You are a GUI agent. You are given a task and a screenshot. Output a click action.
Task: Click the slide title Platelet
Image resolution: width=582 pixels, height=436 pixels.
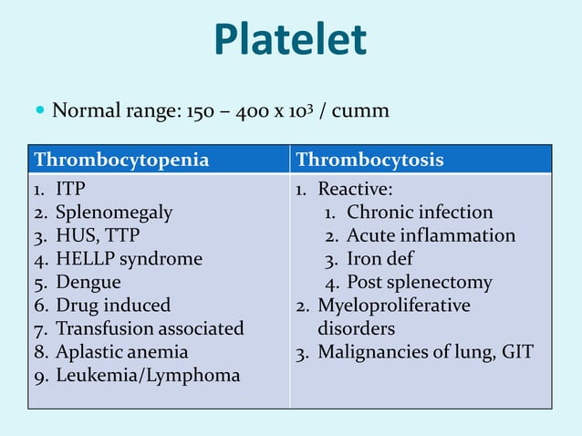[290, 40]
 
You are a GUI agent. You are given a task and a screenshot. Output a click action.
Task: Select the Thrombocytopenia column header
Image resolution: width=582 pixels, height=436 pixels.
[121, 161]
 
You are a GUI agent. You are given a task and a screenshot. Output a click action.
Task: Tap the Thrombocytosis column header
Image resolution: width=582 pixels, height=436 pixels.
[370, 161]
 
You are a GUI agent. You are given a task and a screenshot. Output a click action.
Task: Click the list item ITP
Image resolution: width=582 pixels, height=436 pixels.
[70, 190]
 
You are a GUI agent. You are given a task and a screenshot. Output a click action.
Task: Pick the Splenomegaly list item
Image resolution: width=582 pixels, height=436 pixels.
[114, 213]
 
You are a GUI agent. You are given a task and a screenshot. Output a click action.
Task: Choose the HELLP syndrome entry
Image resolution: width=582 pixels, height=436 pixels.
[129, 259]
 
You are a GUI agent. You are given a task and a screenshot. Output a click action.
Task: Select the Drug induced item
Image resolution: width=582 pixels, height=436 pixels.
[113, 306]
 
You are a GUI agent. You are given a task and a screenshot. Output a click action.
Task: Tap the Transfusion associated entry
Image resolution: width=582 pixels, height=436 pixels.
[150, 328]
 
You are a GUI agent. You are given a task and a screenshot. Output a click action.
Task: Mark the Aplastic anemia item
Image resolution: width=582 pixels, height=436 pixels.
[121, 351]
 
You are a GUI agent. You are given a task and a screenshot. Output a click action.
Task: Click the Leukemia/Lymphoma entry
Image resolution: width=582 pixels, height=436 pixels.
[148, 375]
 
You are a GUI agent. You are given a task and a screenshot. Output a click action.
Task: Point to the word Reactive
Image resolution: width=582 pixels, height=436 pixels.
[355, 190]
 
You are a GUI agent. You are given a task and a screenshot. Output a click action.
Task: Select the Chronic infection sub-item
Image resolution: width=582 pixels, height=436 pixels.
[420, 213]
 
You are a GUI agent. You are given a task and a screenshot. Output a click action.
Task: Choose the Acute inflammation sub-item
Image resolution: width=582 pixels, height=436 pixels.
[431, 235]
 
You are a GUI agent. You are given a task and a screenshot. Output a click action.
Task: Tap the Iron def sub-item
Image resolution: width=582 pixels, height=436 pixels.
[379, 259]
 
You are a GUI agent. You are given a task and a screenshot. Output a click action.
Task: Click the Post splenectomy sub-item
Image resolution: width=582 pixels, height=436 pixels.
[419, 282]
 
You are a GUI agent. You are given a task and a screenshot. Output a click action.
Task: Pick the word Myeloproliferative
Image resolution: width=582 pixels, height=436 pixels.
[393, 306]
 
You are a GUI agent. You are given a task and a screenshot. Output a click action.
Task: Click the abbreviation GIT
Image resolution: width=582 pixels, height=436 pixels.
[516, 351]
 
